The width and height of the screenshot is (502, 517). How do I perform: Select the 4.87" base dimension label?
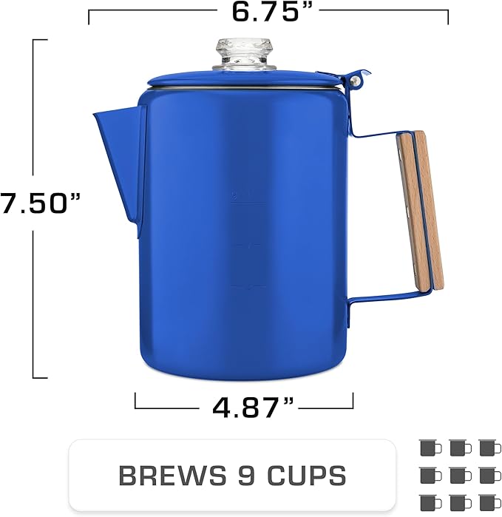coord(243,406)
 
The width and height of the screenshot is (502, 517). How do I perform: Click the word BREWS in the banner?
coord(164,476)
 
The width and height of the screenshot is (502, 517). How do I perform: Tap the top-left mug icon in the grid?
coord(429,447)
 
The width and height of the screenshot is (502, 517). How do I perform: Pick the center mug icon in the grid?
coord(458,474)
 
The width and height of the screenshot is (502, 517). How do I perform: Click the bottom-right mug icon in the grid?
coord(487,501)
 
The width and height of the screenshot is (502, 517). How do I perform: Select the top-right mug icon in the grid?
coord(487,447)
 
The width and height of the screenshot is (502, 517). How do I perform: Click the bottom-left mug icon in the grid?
coord(429,501)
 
